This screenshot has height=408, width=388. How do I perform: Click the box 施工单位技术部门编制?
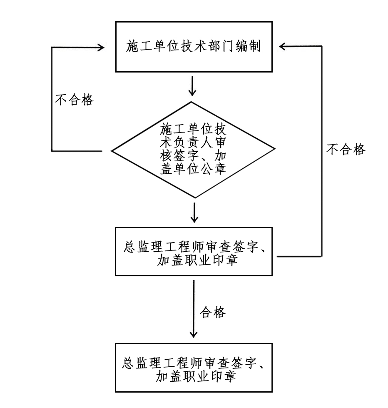pyautogui.click(x=194, y=47)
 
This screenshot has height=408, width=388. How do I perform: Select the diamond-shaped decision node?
pyautogui.click(x=194, y=149)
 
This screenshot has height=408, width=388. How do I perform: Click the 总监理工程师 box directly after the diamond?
pyautogui.click(x=194, y=251)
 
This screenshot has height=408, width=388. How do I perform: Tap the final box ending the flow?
pyautogui.click(x=194, y=368)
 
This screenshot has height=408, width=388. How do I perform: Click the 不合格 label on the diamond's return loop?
pyautogui.click(x=74, y=100)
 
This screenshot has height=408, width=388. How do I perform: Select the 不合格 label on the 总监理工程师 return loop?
pyautogui.click(x=346, y=149)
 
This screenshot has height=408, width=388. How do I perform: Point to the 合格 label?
pyautogui.click(x=213, y=312)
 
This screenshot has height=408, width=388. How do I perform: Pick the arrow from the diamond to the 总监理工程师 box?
pyautogui.click(x=194, y=213)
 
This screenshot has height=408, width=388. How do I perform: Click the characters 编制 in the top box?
pyautogui.click(x=248, y=47)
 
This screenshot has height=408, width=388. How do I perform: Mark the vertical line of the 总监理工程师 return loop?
pyautogui.click(x=322, y=150)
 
